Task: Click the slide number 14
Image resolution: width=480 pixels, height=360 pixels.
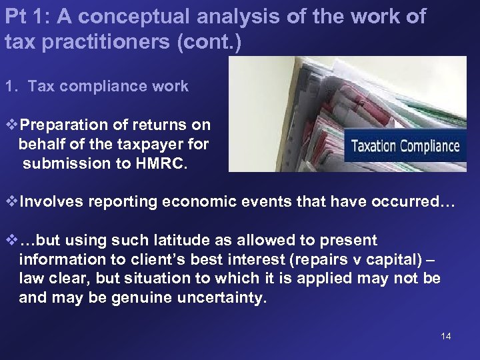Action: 446,336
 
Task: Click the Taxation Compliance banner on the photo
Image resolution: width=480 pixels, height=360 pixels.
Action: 405,146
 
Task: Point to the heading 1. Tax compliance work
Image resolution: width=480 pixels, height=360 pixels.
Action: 97,86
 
